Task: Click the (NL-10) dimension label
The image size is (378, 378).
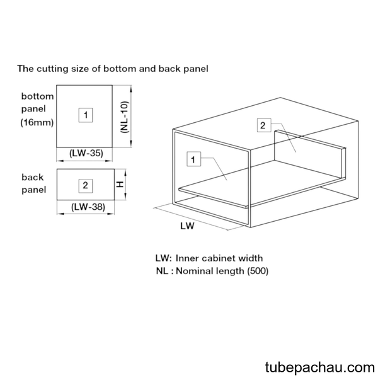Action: (125, 117)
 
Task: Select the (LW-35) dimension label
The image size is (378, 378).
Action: (86, 153)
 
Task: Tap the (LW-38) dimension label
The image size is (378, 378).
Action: (88, 207)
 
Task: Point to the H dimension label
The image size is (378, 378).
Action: (120, 185)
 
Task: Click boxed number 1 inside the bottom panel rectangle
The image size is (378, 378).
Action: (86, 115)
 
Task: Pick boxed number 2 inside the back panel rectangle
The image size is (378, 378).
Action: (86, 186)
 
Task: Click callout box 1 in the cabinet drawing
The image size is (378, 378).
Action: (193, 159)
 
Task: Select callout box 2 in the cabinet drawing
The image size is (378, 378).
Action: (264, 125)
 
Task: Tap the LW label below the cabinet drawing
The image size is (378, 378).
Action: (187, 226)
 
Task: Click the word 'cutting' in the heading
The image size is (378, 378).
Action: (52, 69)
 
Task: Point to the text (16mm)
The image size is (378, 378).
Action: (37, 122)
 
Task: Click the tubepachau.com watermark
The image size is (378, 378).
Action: (320, 368)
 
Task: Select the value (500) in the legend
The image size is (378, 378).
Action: (258, 271)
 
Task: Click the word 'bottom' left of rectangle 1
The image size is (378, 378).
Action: (37, 96)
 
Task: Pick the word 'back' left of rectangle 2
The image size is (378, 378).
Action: (33, 177)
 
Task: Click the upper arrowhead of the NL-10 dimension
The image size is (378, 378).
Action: (131, 89)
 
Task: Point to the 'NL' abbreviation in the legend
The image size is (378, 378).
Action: (163, 271)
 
